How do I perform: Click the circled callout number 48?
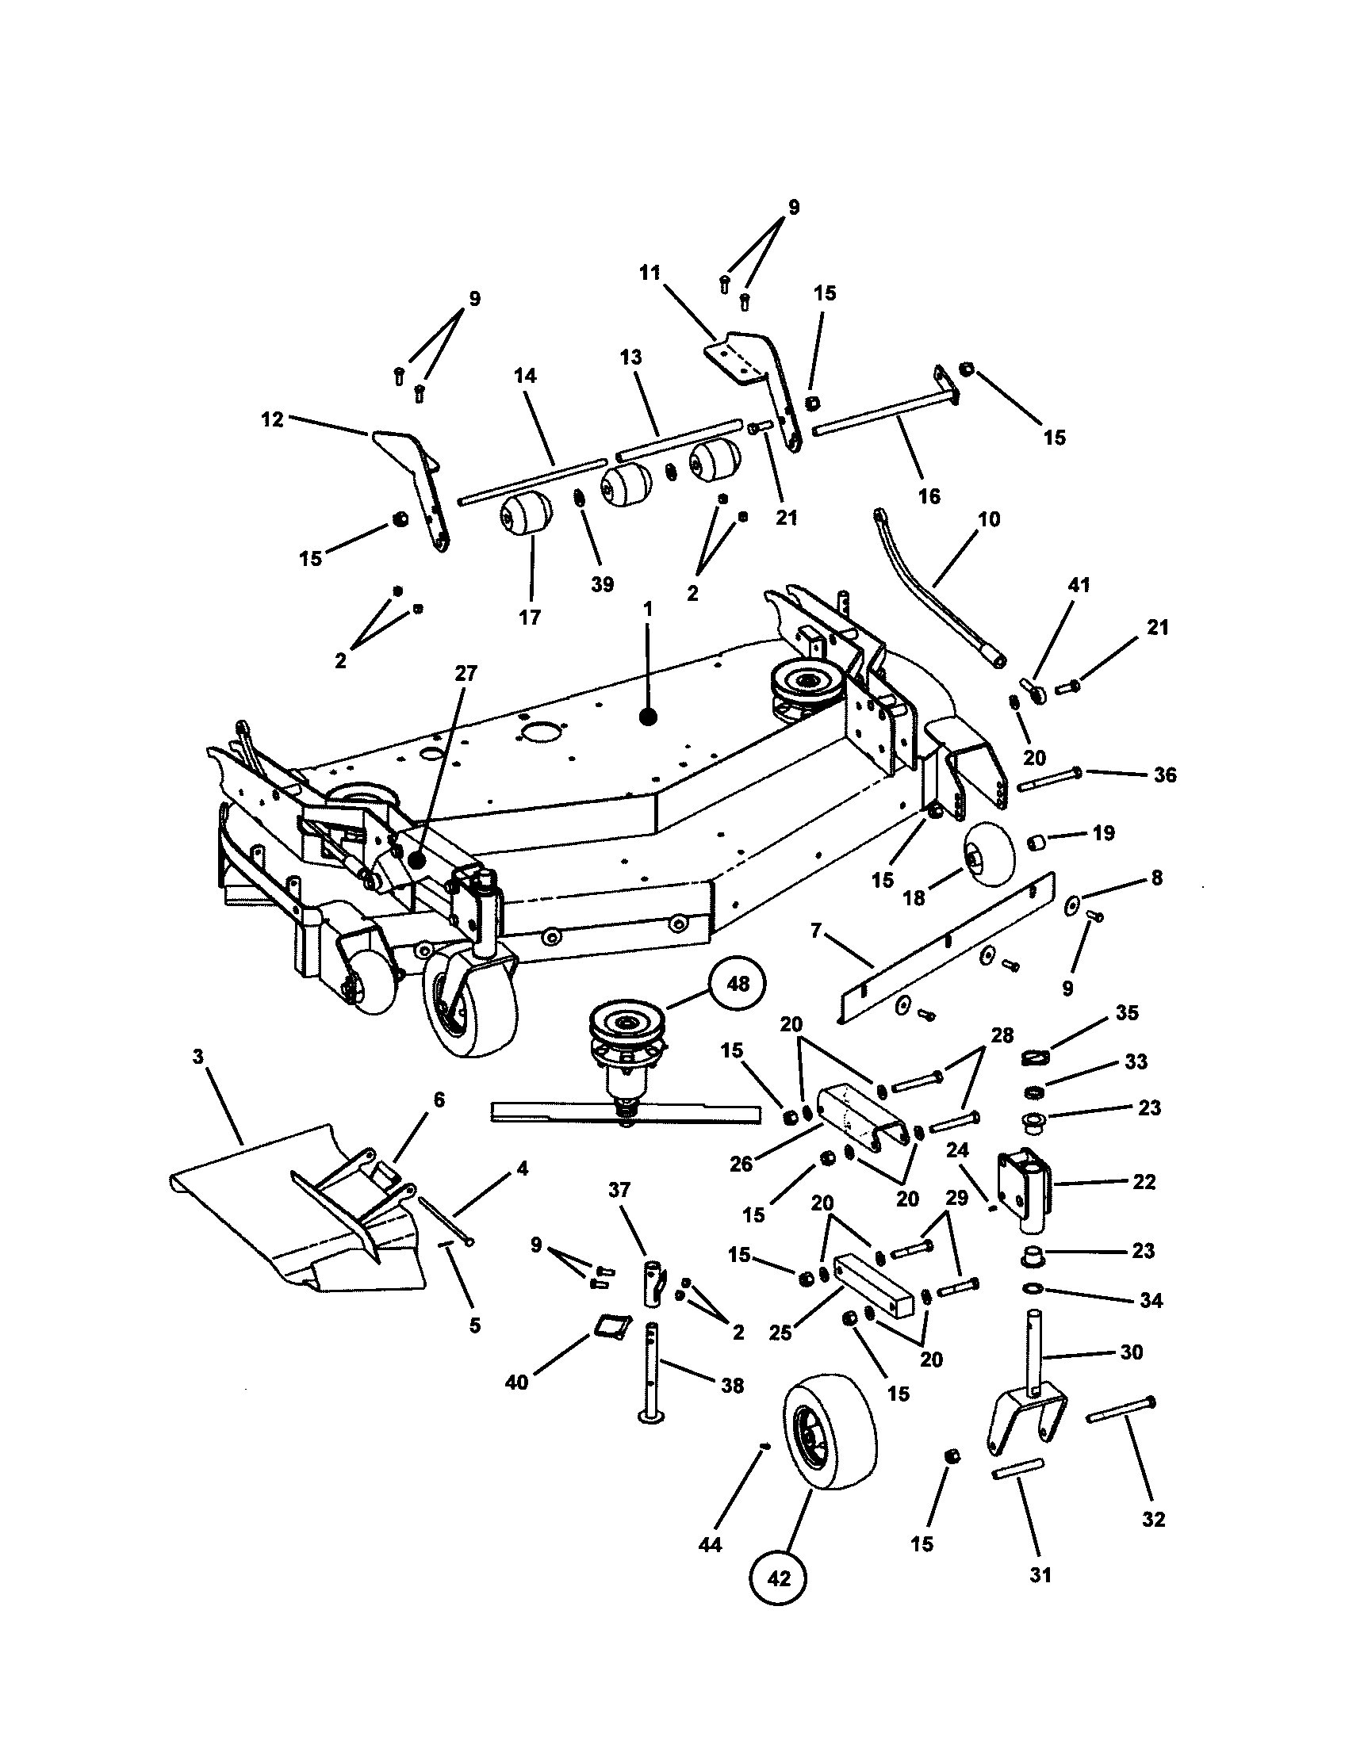tap(737, 985)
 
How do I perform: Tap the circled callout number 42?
tap(779, 1578)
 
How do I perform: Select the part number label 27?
tap(466, 673)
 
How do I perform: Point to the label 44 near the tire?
tap(709, 1545)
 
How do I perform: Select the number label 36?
tap(1164, 774)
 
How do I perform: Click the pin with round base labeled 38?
tap(652, 1372)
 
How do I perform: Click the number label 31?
tap(1040, 1574)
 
